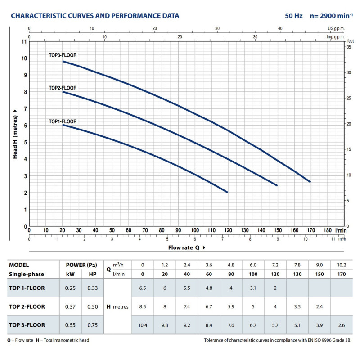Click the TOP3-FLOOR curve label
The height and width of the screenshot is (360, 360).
tap(63, 55)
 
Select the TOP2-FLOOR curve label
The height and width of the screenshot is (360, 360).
tap(63, 88)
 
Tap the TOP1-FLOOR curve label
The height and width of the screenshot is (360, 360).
tap(63, 121)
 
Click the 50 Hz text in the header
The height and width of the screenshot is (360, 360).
tap(294, 16)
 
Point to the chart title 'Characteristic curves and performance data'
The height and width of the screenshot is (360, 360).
tap(95, 16)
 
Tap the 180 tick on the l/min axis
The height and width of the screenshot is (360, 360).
tap(327, 230)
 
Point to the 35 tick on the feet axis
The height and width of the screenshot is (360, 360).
tap(348, 47)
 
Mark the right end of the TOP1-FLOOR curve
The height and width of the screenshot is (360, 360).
tap(228, 192)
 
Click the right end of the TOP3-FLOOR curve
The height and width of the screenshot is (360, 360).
tap(310, 182)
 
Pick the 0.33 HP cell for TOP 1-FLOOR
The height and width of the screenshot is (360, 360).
tap(92, 288)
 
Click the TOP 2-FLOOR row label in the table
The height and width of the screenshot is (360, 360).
tap(27, 307)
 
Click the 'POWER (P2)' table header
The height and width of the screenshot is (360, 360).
tap(81, 265)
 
